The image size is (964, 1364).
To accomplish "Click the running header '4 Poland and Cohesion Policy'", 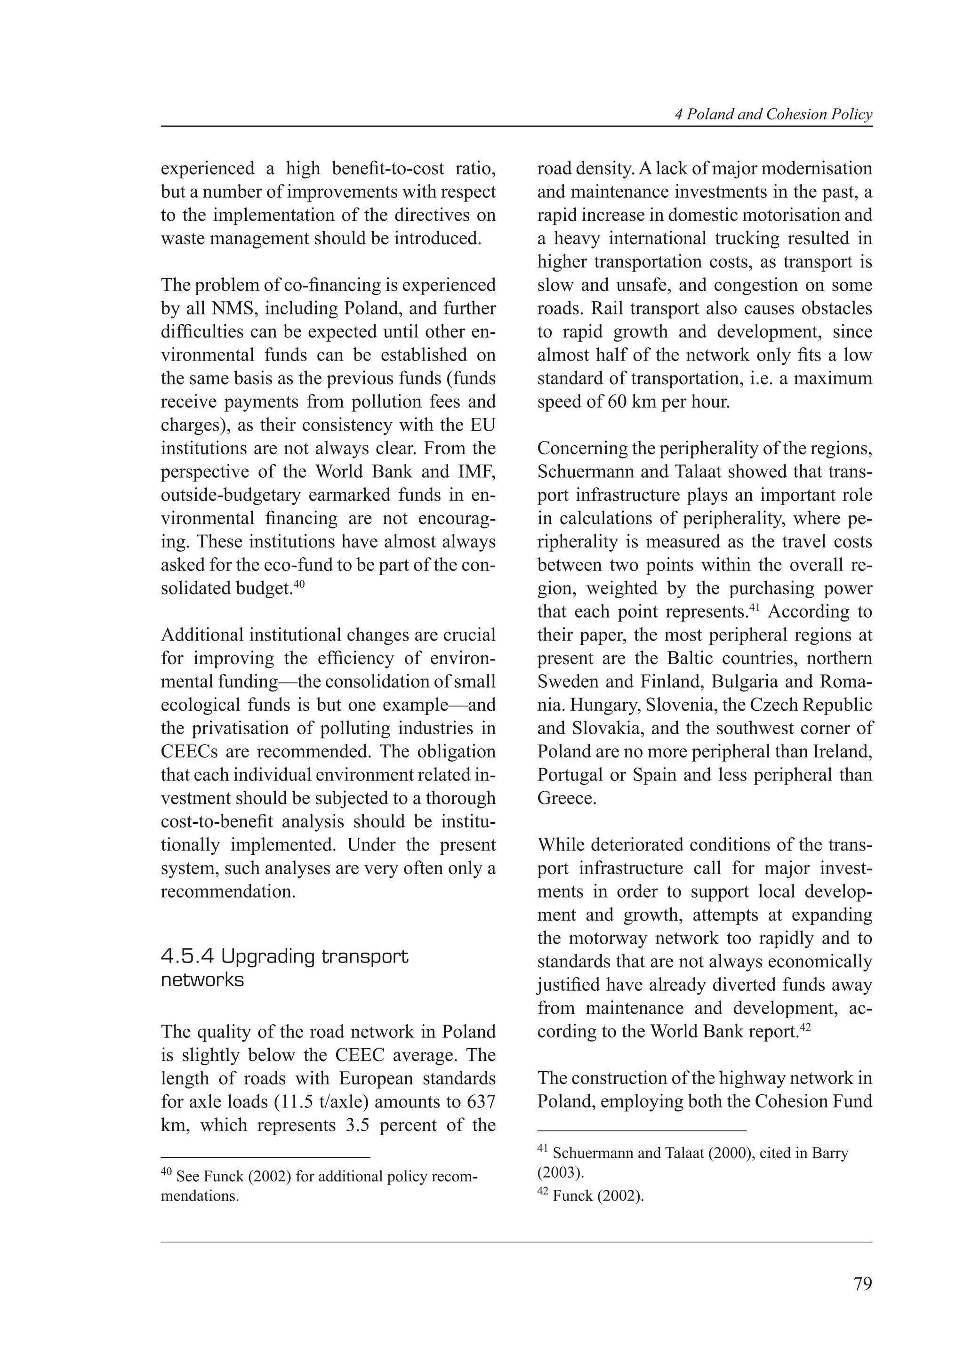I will pyautogui.click(x=773, y=115).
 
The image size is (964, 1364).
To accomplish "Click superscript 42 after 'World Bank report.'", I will pyautogui.click(x=805, y=1027).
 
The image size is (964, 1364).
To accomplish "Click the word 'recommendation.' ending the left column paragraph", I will pyautogui.click(x=228, y=892).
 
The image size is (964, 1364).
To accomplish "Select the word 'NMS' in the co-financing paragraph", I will pyautogui.click(x=229, y=309).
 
